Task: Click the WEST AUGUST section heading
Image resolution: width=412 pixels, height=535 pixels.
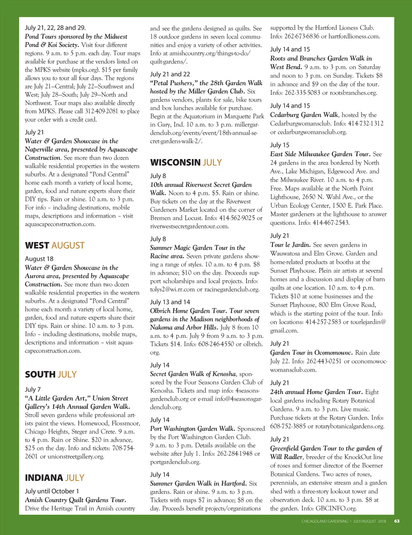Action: pos(55,246)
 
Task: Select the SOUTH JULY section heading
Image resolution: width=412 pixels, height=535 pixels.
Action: pos(50,374)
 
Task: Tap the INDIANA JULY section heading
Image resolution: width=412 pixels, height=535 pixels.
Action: pos(54,478)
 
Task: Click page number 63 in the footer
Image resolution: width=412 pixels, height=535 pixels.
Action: pos(397,521)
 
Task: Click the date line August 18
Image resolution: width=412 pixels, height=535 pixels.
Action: pos(39,259)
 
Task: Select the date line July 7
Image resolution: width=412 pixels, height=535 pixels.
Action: pos(33,389)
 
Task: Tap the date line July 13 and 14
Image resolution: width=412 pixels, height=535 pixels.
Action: pos(170,302)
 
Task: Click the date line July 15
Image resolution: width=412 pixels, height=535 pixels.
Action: pos(279,145)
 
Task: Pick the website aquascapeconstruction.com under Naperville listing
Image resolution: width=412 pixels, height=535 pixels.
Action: pos(60,224)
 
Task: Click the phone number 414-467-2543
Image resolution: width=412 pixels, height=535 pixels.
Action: pos(330,223)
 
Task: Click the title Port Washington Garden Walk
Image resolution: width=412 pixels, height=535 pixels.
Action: pos(192,429)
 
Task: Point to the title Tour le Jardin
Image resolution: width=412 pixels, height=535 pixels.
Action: pos(290,245)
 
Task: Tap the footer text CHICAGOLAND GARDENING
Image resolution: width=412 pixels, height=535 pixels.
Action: pos(324,521)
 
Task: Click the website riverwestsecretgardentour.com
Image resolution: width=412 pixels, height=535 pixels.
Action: pos(189,226)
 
